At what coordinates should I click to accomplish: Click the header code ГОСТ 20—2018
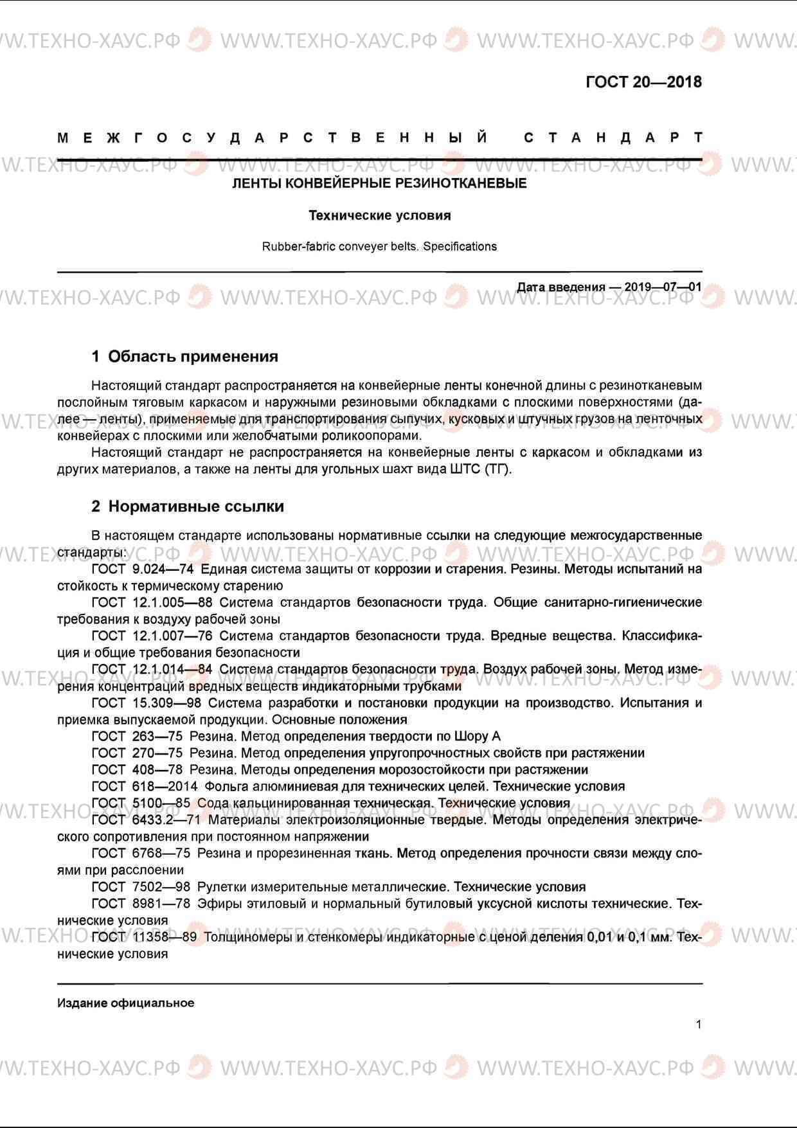pos(643,82)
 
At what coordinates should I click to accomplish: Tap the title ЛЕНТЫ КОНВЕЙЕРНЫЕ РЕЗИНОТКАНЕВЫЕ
pos(379,184)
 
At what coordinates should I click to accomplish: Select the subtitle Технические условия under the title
pos(379,215)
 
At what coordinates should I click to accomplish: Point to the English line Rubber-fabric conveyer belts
pos(379,246)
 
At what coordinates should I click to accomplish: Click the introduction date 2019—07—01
pos(663,287)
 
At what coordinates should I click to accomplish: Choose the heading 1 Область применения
pos(185,356)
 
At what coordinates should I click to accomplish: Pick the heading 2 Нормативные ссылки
pos(188,506)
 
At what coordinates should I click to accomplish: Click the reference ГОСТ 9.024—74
pos(143,569)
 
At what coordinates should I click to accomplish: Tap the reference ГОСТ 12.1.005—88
pos(152,602)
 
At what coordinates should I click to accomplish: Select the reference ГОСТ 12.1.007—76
pos(152,636)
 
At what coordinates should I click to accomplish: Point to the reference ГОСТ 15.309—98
pos(146,703)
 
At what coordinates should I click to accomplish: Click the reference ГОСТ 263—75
pos(137,736)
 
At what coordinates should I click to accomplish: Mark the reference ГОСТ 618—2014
pos(145,786)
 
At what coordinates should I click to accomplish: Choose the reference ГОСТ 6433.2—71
pos(146,819)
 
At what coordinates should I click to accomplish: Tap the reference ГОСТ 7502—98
pos(141,886)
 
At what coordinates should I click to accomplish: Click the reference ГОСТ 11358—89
pos(144,936)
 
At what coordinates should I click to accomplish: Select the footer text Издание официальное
pos(125,1003)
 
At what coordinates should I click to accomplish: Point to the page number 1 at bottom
pos(699,1025)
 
